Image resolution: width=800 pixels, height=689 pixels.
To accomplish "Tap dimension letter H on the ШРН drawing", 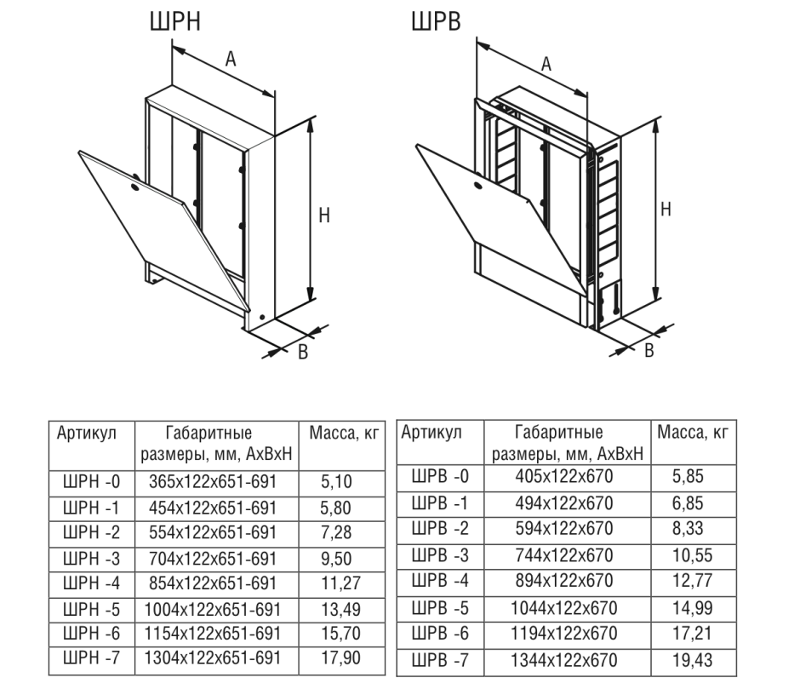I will coord(323,216).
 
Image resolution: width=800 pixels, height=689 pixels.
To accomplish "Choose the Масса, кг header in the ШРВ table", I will coord(694,433).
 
